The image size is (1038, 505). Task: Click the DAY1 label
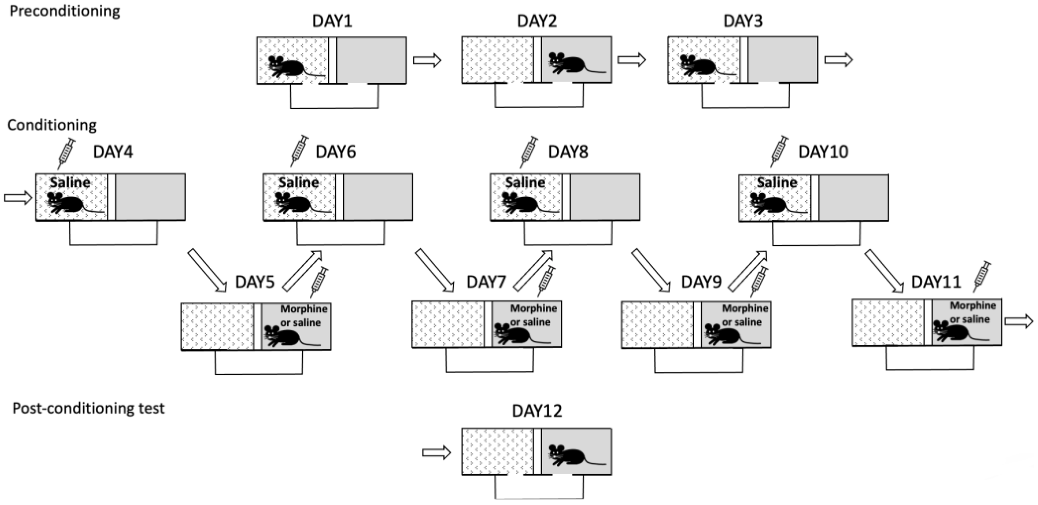tap(332, 21)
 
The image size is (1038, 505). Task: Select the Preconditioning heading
tap(64, 11)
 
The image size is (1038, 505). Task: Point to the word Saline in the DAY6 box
tap(299, 182)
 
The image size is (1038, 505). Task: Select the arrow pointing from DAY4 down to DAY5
tap(207, 269)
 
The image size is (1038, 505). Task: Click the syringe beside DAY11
tap(982, 276)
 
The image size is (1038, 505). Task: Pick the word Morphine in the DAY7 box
tap(533, 309)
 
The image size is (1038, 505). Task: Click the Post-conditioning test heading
tap(88, 408)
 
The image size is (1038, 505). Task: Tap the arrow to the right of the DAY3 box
tap(839, 60)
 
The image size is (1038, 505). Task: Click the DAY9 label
tap(701, 282)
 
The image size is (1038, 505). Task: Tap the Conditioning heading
tap(52, 125)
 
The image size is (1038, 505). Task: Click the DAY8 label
tap(568, 152)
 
